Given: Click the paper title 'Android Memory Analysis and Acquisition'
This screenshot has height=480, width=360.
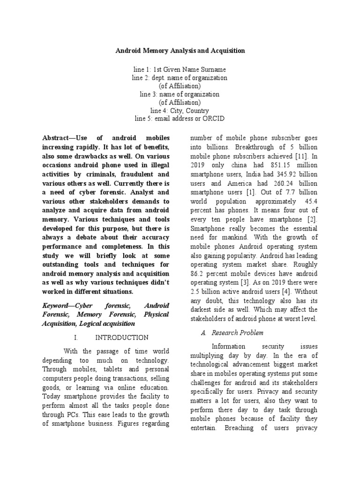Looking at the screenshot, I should click(x=180, y=50).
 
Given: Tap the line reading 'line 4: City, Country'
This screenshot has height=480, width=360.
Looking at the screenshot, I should click(x=180, y=111).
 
